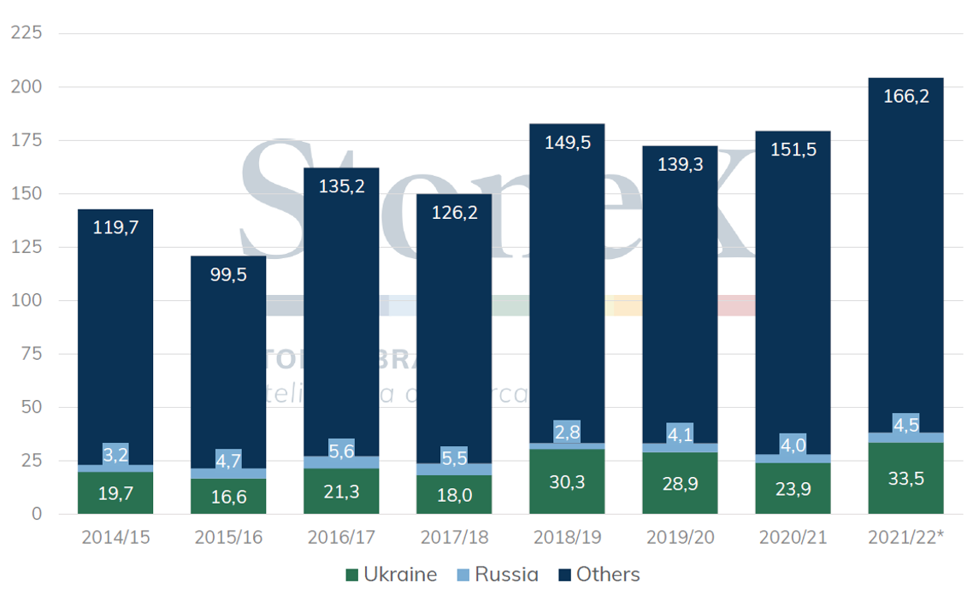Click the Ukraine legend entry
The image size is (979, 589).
[392, 574]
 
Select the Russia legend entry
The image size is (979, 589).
[498, 574]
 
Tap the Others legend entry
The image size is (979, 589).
[598, 574]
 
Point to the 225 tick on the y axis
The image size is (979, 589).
[26, 33]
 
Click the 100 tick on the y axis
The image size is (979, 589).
[26, 301]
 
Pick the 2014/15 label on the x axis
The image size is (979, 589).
[115, 539]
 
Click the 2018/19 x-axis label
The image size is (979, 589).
[567, 539]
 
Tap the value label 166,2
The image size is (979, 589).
[905, 96]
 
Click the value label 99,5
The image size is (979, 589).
[228, 274]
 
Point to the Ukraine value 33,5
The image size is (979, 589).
[905, 478]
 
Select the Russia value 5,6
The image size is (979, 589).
[341, 451]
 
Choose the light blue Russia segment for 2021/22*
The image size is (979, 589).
[905, 438]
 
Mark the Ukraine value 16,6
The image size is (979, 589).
[228, 497]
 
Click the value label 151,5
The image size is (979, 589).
[793, 150]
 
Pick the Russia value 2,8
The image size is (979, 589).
[567, 432]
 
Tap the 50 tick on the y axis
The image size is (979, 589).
[29, 408]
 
